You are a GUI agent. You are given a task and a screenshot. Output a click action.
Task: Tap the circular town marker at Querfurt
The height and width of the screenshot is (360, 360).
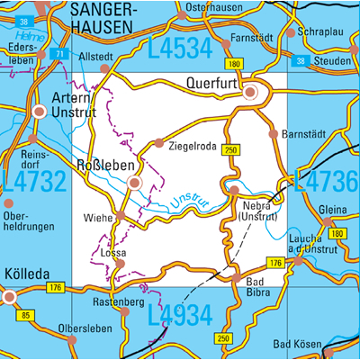253,92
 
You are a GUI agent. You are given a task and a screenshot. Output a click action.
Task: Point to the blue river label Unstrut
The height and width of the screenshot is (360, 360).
190,200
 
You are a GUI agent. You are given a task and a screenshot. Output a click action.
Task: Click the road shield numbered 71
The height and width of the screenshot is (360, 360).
58,54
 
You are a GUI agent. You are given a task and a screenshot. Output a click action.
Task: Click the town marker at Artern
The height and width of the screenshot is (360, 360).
39,112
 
